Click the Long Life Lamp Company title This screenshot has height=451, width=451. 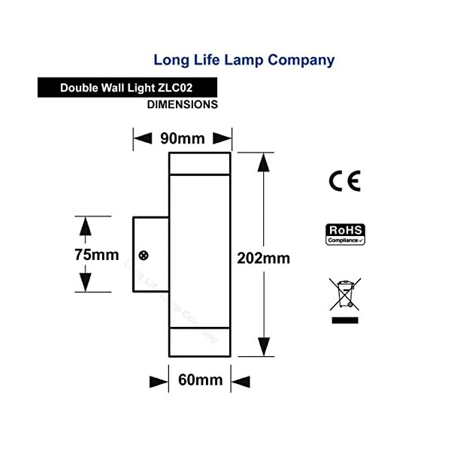click(244, 59)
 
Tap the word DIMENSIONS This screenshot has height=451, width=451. click(183, 105)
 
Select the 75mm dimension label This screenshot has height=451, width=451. click(97, 255)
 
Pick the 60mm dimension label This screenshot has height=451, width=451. click(201, 380)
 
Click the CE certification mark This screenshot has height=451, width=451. click(344, 181)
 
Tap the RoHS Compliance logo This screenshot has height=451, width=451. click(345, 234)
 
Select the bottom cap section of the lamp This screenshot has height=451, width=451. click(199, 344)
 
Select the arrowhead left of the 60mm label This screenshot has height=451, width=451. click(159, 380)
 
